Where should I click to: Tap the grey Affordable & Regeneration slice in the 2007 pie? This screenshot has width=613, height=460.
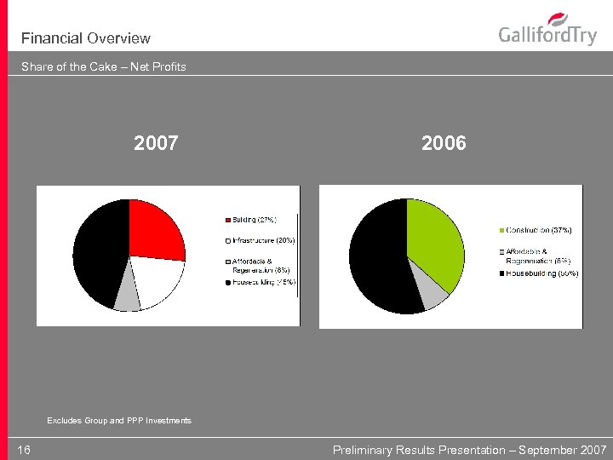click(127, 299)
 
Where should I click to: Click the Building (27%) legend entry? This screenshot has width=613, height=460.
click(254, 220)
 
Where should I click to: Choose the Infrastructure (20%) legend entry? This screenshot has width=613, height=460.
click(263, 240)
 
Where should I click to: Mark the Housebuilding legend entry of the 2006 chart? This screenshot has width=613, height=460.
click(542, 273)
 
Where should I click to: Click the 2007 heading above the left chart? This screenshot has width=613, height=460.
click(156, 143)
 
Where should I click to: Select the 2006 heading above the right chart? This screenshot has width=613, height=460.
click(444, 143)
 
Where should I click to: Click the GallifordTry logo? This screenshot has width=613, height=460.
click(547, 32)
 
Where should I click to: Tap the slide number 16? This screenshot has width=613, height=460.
click(24, 450)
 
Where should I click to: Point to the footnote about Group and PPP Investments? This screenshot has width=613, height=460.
click(119, 421)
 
